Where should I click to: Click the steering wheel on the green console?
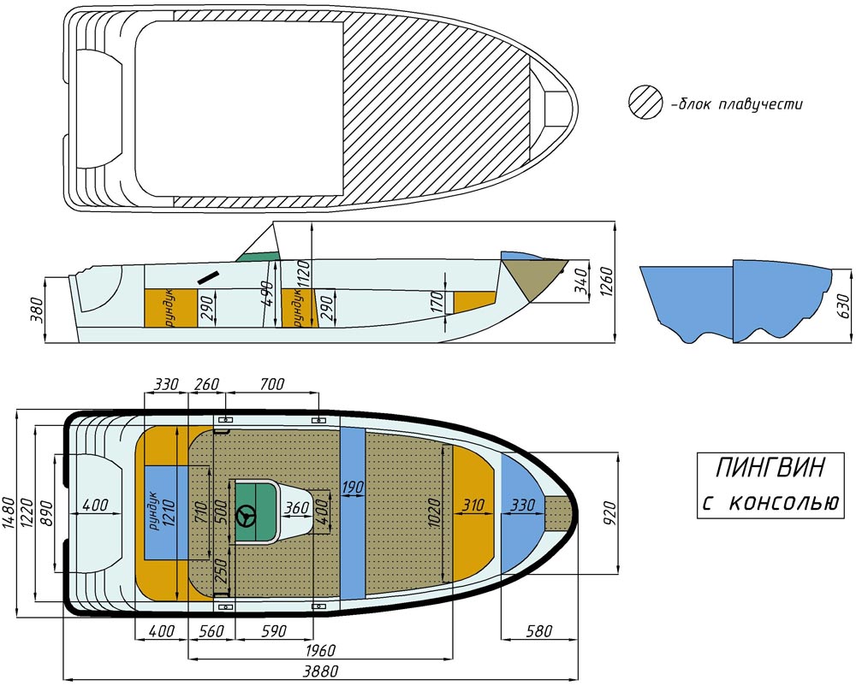[x=246, y=515]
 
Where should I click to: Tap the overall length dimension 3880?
[x=320, y=671]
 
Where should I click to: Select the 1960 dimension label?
[x=320, y=651]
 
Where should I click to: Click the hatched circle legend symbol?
[x=645, y=102]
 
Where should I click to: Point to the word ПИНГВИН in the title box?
[x=770, y=468]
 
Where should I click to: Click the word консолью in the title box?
[x=783, y=502]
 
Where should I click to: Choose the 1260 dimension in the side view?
[x=606, y=282]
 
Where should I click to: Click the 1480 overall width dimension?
[x=9, y=513]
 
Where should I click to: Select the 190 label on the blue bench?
[x=353, y=487]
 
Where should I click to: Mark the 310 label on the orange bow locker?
[x=473, y=505]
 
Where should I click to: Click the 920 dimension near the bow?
[x=609, y=513]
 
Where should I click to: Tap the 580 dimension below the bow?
[x=538, y=631]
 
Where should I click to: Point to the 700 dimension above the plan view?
[x=272, y=384]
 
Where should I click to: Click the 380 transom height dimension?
[x=37, y=309]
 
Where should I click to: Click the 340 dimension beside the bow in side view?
[x=582, y=281]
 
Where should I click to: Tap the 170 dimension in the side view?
[x=437, y=302]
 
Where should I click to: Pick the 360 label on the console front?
[x=297, y=508]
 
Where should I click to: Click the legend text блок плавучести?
[x=736, y=103]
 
